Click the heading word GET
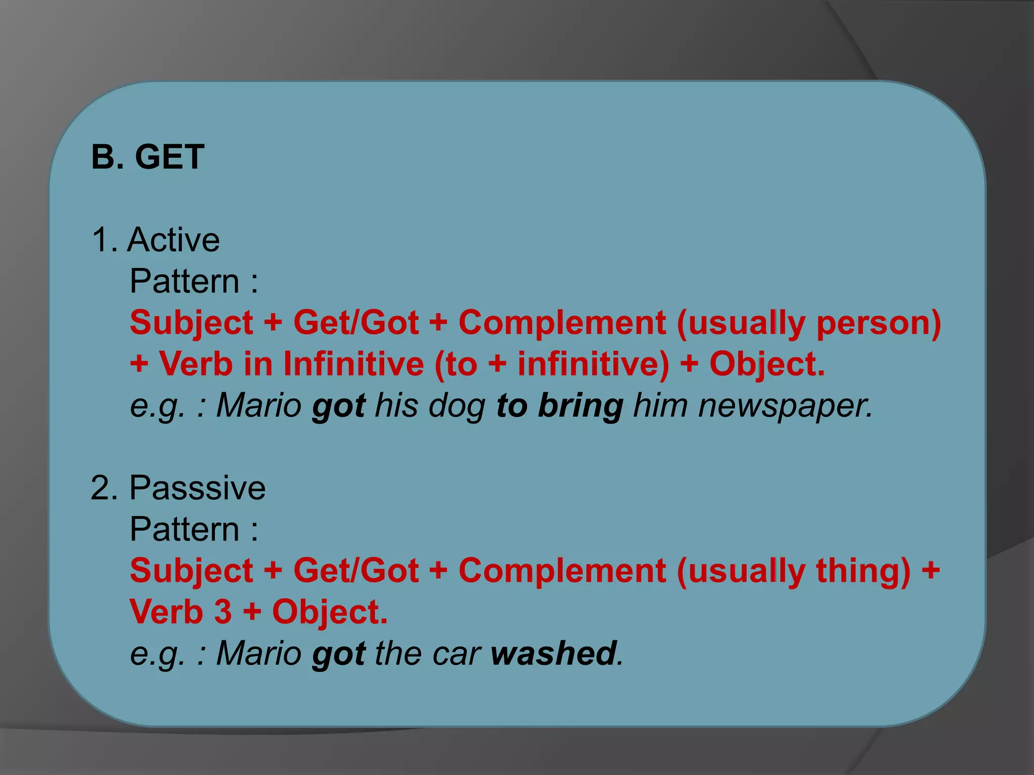[x=170, y=157]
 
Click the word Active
[x=173, y=240]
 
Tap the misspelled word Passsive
[x=197, y=488]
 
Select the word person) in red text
[x=878, y=323]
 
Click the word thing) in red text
[x=863, y=571]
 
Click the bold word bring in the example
[x=581, y=406]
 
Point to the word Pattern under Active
[x=184, y=281]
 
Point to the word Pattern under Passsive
[x=184, y=529]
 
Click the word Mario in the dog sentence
[x=258, y=406]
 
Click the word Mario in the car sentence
[x=258, y=654]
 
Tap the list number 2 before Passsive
[x=104, y=488]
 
